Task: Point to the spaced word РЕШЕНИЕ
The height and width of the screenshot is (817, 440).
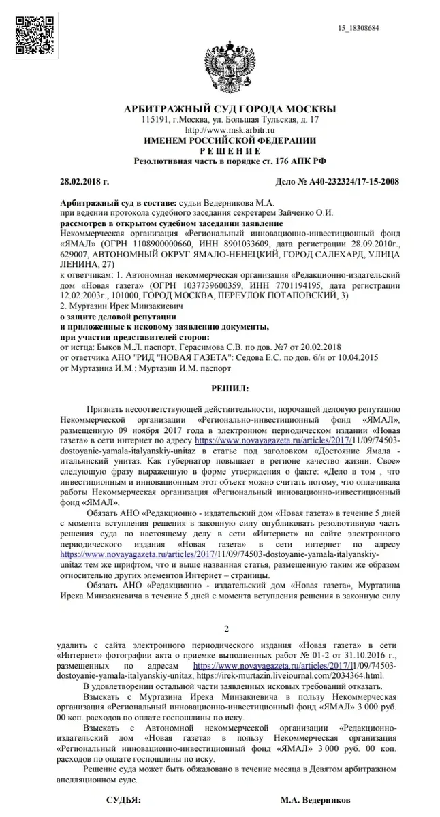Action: click(229, 150)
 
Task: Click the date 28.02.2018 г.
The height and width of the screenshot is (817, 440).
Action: click(84, 182)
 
